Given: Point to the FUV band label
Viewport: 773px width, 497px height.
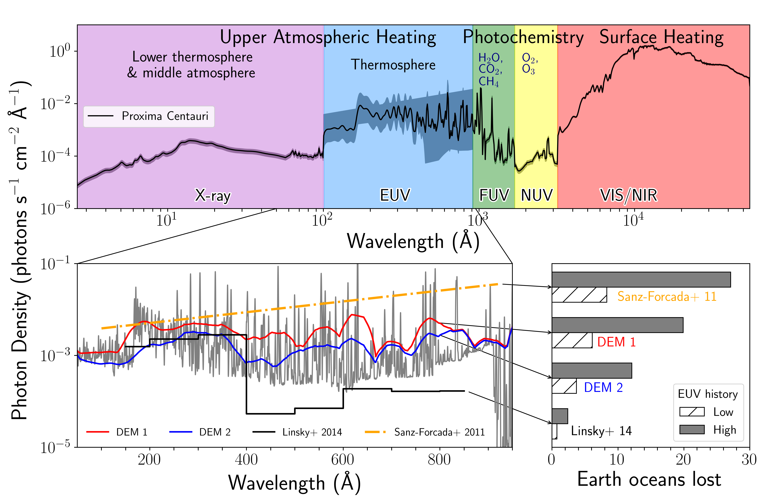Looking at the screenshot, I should click(x=494, y=195).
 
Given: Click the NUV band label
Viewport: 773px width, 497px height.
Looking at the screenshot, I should click(x=536, y=195).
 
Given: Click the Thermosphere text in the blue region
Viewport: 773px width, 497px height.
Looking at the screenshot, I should click(x=393, y=65).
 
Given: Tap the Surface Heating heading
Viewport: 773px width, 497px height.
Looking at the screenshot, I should click(x=661, y=37).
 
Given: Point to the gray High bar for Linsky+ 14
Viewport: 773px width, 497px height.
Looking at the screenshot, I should click(x=560, y=416).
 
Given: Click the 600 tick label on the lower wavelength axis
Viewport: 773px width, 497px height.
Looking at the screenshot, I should click(x=343, y=460).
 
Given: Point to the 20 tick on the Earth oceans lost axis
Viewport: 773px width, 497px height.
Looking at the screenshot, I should click(x=683, y=460).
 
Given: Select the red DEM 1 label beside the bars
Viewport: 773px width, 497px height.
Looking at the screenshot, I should click(x=616, y=342).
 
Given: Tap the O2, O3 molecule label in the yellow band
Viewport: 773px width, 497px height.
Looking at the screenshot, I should click(x=530, y=63).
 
